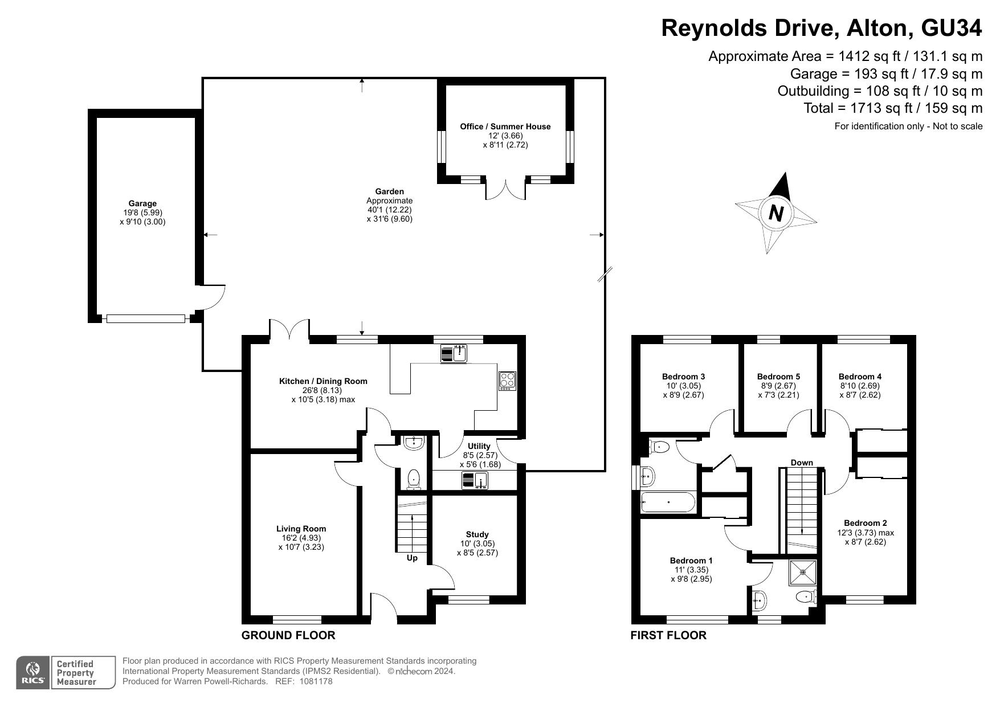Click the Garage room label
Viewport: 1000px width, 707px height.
[x=142, y=203]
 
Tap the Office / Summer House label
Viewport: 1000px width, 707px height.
[x=505, y=126]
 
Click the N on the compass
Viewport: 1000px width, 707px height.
[x=776, y=213]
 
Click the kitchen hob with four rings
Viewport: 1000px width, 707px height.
[x=507, y=381]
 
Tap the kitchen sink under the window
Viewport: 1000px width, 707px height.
[x=454, y=354]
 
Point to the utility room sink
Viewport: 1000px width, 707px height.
[x=475, y=481]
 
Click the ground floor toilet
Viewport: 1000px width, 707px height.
[x=414, y=479]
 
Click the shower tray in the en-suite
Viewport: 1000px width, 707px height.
[x=803, y=573]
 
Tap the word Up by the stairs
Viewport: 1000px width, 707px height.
[x=412, y=558]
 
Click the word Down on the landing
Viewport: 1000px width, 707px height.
[x=802, y=463]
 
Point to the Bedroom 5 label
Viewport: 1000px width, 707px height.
[x=778, y=377]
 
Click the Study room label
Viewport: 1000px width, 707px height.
[x=477, y=534]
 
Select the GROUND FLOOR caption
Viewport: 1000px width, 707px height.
[x=288, y=635]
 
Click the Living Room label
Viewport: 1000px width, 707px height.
[x=301, y=529]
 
